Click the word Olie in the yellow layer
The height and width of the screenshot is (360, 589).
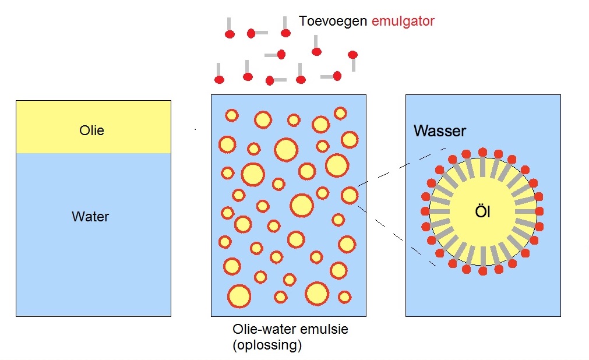point(92,130)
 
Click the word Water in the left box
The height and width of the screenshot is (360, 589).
point(90,217)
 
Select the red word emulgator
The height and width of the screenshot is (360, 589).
point(403,22)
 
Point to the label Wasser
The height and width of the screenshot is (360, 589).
point(440,130)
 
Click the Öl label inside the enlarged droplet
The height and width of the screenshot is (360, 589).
point(482,212)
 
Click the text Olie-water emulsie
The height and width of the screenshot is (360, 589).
point(290,329)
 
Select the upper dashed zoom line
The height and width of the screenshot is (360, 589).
point(394,170)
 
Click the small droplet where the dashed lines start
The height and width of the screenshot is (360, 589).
point(350,195)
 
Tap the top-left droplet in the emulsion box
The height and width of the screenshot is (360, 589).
point(232,115)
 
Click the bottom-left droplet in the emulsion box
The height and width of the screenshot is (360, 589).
point(239,296)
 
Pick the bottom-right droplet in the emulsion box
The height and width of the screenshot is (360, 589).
point(345,297)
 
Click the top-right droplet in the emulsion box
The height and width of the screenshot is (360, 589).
point(340,113)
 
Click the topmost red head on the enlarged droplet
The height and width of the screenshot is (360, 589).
point(482,152)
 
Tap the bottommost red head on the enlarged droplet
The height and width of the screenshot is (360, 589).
point(482,271)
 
